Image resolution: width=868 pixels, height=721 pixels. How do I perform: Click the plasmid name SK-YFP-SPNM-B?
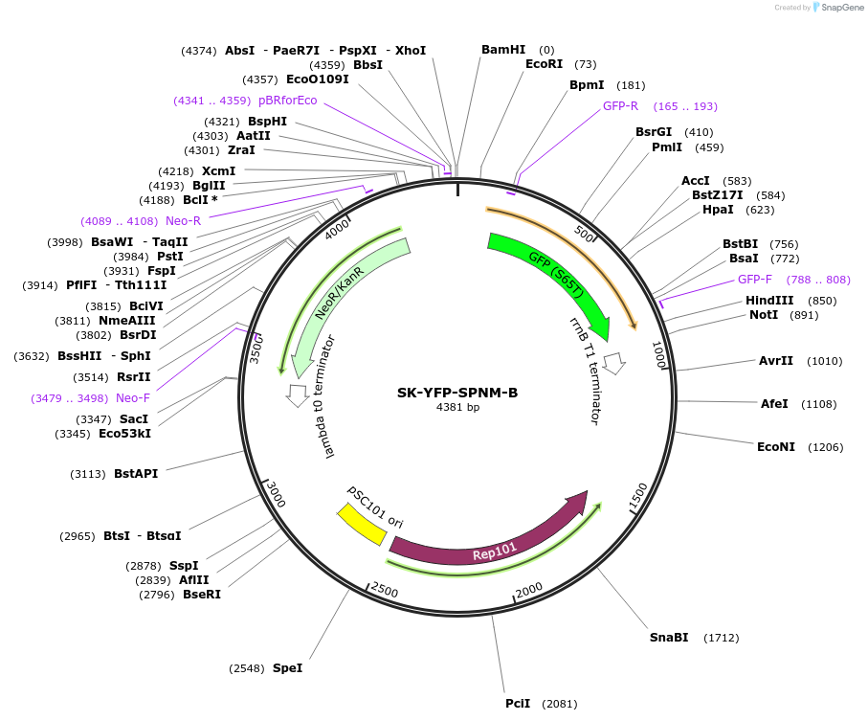click(x=457, y=393)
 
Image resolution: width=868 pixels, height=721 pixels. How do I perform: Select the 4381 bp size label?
click(x=457, y=408)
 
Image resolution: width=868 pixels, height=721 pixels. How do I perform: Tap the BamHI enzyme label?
click(x=503, y=50)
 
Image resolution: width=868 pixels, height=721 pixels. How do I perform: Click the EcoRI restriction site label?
click(x=547, y=64)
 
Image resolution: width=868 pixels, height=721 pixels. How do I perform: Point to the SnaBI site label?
click(x=669, y=638)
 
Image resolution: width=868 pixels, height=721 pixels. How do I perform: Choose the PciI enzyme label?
click(x=518, y=704)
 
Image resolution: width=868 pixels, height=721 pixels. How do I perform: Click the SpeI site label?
click(x=287, y=668)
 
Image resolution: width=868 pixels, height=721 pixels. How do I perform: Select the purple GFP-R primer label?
click(x=620, y=106)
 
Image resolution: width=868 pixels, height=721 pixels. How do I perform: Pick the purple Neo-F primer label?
click(x=133, y=398)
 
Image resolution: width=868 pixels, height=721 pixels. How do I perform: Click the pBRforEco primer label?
click(x=287, y=101)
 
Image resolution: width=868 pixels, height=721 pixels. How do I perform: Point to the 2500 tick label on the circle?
click(x=385, y=590)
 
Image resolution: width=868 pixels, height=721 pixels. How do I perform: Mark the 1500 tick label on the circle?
click(x=637, y=494)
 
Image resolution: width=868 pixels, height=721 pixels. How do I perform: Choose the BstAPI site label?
click(x=136, y=473)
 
